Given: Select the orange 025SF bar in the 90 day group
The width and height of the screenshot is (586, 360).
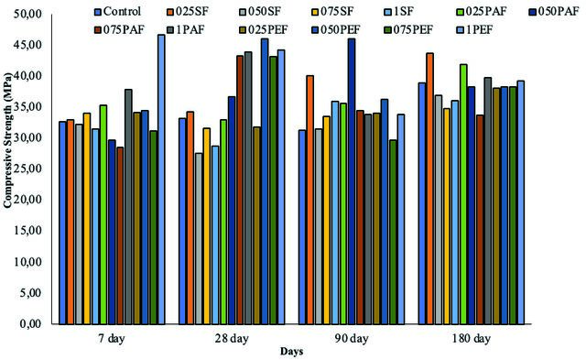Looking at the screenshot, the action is tap(309, 200).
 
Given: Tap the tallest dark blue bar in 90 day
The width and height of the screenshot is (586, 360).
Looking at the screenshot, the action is tap(352, 181).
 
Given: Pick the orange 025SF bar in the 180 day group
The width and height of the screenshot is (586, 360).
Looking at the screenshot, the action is tap(429, 189).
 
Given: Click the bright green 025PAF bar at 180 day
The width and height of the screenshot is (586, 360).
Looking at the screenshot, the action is tap(463, 194).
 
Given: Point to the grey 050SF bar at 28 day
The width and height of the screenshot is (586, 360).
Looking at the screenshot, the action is tap(199, 238).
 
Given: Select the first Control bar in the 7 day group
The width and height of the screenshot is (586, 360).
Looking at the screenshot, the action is tap(62, 223).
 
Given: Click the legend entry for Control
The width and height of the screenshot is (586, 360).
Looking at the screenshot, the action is tap(118, 12).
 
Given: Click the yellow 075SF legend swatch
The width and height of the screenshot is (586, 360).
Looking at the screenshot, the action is tap(316, 12).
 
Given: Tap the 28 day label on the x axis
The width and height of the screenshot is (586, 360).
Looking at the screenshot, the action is tap(232, 339).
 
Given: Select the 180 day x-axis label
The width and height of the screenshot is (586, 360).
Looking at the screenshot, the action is tap(471, 339).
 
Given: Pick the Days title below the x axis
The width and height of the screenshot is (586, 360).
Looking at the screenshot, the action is tap(291, 352).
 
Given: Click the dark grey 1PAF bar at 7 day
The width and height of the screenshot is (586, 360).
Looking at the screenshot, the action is tap(128, 207).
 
